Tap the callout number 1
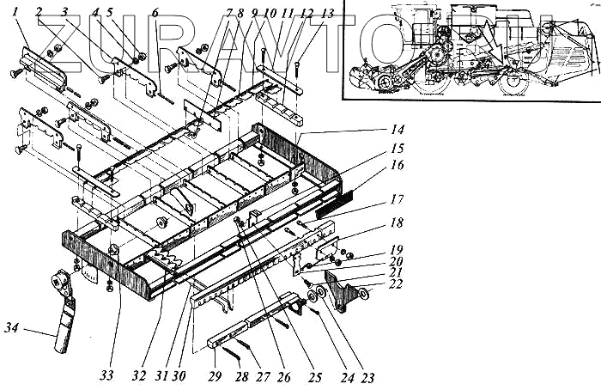(x=16, y=12)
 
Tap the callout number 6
(x=155, y=12)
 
